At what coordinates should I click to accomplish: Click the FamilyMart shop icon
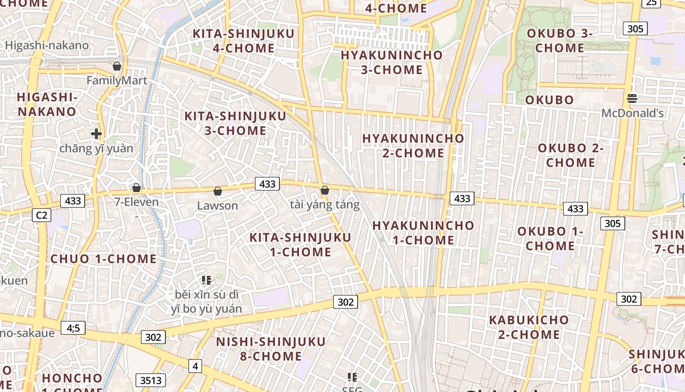(x=117, y=66)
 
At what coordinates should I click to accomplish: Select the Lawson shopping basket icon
(x=218, y=191)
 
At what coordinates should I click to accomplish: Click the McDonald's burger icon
(x=632, y=98)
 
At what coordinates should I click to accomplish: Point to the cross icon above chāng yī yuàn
(x=96, y=133)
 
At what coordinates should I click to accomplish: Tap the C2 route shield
(x=42, y=215)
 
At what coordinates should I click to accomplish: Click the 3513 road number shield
(x=151, y=380)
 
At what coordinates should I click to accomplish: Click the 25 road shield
(x=651, y=2)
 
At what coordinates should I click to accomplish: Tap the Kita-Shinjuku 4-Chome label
(x=244, y=41)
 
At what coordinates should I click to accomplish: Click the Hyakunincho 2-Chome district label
(x=413, y=146)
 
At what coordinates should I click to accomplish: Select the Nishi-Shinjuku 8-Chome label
(x=271, y=349)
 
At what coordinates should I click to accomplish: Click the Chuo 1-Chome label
(x=104, y=259)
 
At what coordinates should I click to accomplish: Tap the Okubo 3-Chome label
(x=559, y=41)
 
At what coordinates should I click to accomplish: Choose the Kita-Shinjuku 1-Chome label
(x=300, y=245)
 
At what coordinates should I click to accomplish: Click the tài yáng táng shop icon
(x=325, y=190)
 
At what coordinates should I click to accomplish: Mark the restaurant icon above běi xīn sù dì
(x=206, y=280)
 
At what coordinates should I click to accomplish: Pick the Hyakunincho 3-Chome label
(x=391, y=62)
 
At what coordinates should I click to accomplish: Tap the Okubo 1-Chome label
(x=550, y=238)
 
